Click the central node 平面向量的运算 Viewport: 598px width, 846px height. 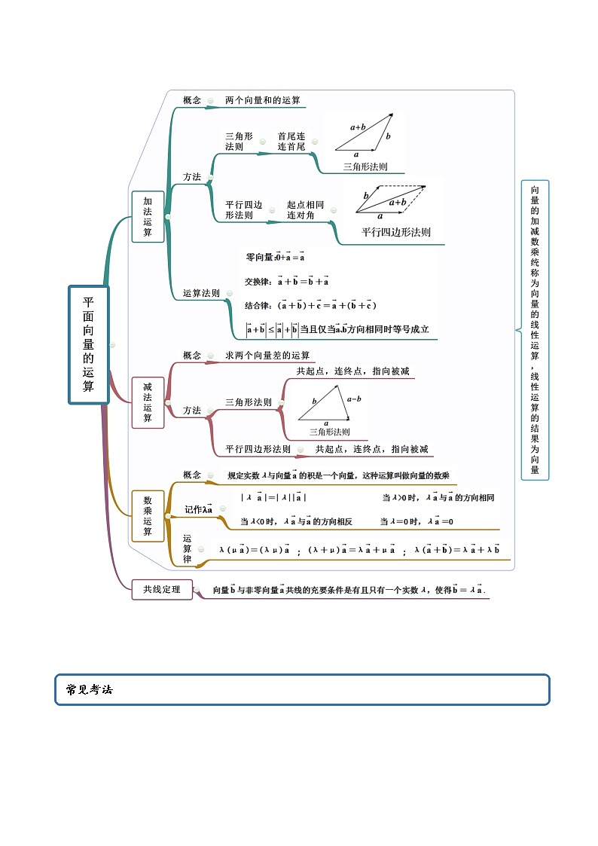pos(89,344)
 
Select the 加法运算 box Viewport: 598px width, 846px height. pos(148,217)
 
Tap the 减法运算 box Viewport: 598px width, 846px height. pos(148,402)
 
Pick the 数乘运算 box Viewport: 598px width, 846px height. pos(148,516)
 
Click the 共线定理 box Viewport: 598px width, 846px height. pos(162,590)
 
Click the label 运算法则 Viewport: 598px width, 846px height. pos(201,293)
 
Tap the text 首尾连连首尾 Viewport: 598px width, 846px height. pos(291,142)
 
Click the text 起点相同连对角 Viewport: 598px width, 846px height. pos(305,210)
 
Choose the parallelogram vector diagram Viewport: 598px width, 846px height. pos(390,200)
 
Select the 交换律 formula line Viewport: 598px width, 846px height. pos(287,282)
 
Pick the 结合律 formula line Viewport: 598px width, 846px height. pos(310,305)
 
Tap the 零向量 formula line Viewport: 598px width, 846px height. pos(275,257)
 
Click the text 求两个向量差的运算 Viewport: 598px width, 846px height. pos(267,356)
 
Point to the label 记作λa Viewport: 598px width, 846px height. pos(199,509)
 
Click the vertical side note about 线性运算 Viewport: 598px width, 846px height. pos(535,329)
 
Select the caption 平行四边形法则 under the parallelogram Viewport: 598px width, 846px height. pos(395,233)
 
